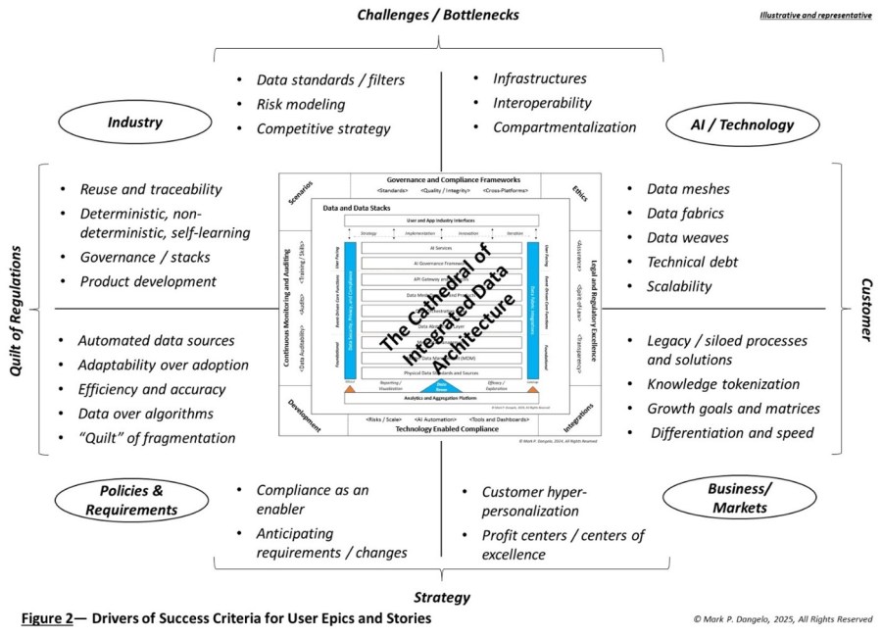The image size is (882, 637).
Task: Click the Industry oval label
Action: [135, 122]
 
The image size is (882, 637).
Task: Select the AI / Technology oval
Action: [742, 124]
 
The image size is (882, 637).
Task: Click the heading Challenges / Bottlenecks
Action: [437, 15]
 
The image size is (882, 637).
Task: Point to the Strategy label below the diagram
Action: [442, 596]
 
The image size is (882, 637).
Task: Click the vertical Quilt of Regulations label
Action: [16, 309]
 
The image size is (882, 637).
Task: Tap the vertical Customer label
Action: [866, 308]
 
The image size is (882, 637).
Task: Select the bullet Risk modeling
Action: [301, 104]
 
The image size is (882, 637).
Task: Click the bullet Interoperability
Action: [542, 102]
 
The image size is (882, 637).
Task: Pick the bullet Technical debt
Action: [693, 262]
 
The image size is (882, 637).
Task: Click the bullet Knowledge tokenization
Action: [723, 384]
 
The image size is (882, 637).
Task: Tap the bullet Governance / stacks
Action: [144, 258]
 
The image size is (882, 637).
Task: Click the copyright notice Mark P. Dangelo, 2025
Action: [782, 619]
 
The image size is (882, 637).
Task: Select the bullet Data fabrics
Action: [686, 213]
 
